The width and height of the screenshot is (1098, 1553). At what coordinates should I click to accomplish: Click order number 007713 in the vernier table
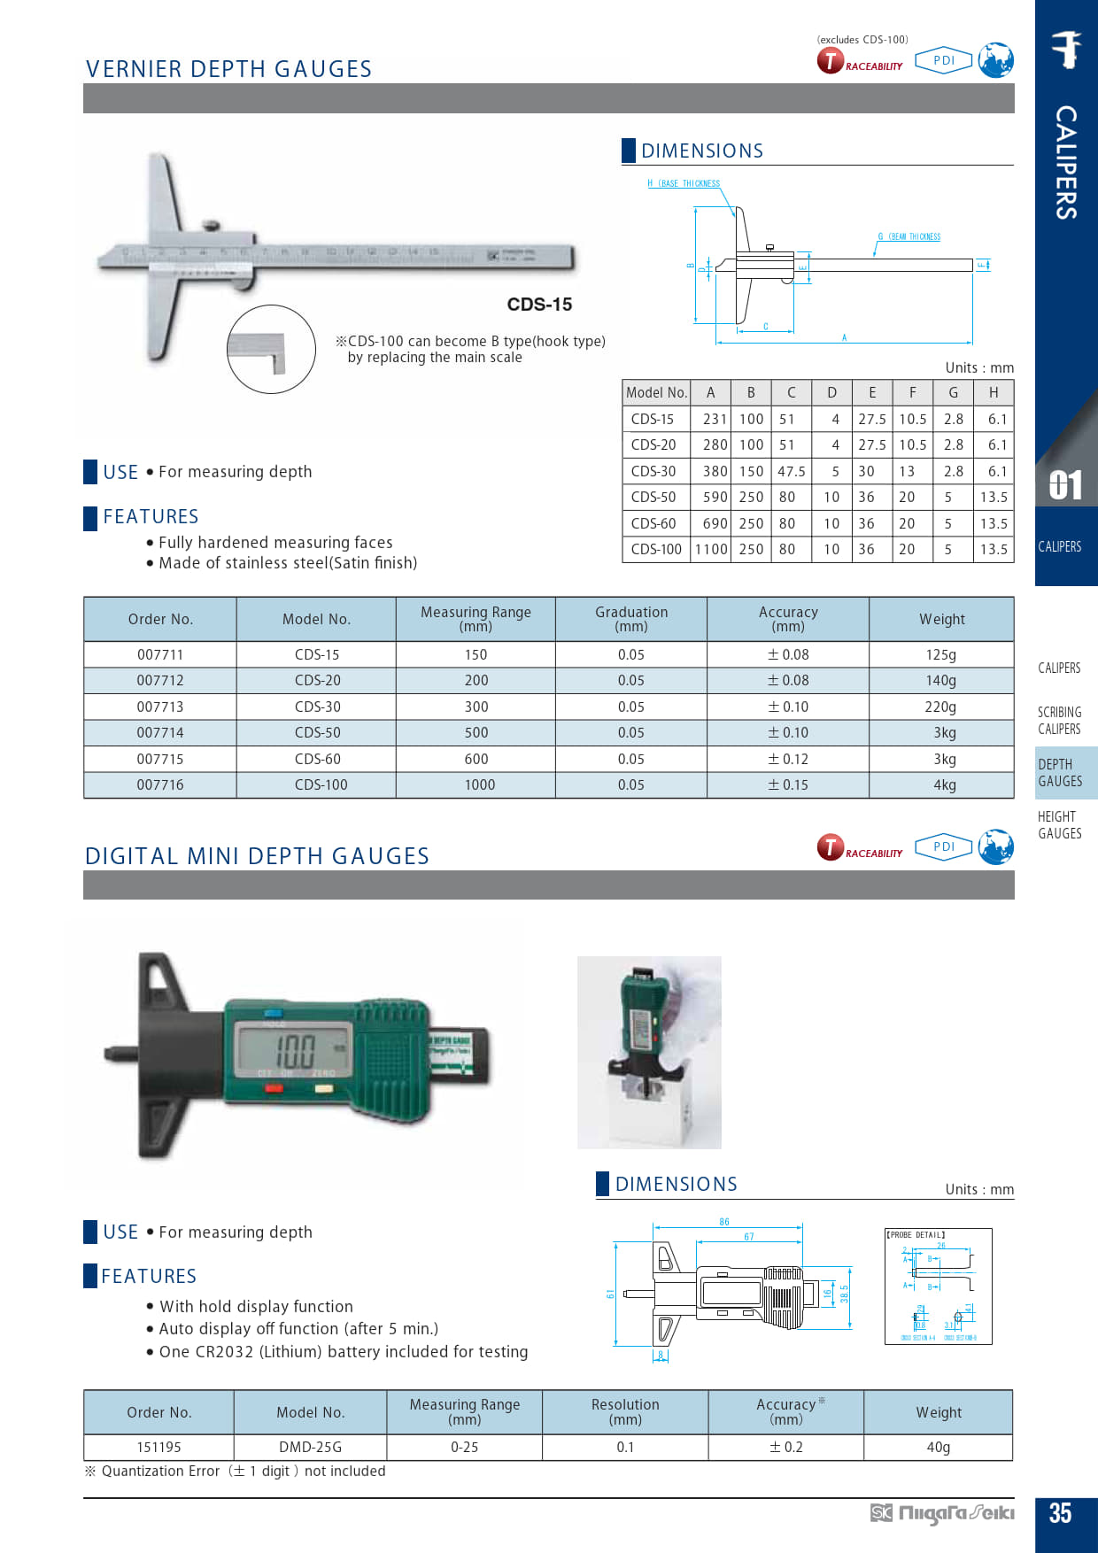coord(160,707)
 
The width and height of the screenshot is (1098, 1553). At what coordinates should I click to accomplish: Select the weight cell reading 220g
coord(940,707)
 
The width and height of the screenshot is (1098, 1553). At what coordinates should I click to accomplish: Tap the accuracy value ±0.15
coord(788,784)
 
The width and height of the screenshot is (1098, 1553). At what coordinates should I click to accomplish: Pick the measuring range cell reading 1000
coord(480,784)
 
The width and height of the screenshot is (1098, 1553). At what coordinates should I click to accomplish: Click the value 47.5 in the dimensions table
coord(792,471)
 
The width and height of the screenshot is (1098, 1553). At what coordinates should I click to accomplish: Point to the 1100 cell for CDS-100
coord(711,549)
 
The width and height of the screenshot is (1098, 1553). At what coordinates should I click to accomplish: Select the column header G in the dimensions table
coord(953,392)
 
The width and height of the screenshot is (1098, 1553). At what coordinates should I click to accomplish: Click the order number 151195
coord(159,1447)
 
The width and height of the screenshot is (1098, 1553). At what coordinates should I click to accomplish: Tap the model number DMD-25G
coord(310,1447)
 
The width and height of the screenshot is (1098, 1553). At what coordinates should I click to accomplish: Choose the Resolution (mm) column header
coord(625,1411)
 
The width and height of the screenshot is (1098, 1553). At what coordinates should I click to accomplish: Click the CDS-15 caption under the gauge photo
coord(539,305)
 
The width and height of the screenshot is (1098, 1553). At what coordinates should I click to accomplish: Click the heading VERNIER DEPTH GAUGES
coord(228,69)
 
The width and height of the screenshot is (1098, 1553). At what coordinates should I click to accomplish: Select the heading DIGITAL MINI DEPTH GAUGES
coord(257,856)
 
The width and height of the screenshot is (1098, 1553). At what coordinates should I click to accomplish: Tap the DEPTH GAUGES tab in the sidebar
coord(1060,773)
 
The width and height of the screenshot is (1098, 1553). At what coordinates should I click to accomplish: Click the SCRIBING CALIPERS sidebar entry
coord(1059,721)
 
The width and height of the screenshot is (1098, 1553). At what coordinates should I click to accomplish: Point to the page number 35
coord(1060,1513)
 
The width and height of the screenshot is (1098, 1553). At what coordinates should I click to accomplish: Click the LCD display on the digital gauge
coord(293,1050)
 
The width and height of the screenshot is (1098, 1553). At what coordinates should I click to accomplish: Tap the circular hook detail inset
coord(271,350)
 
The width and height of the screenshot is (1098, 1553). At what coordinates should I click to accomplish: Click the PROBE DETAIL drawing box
coord(938,1286)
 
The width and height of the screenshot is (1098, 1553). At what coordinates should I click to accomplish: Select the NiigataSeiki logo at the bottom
coord(942,1513)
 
